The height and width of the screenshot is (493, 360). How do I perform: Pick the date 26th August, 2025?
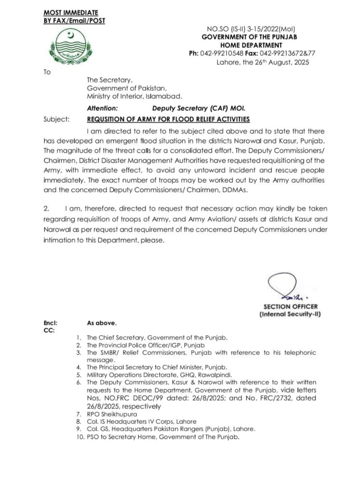tap(276, 63)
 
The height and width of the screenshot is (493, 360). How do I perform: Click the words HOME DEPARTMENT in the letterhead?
tap(253, 45)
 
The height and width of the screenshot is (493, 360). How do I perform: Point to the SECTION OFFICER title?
tap(290, 306)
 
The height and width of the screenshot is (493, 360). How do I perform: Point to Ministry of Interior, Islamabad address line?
tap(134, 95)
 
